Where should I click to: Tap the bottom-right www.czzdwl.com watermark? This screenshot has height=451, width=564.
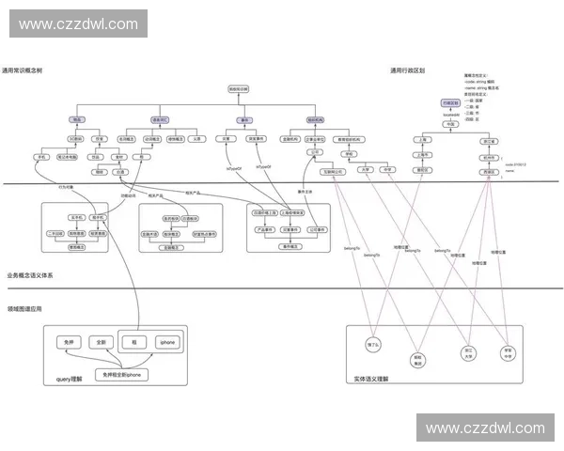pos(484,428)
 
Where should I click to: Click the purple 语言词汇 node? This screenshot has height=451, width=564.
pos(161,120)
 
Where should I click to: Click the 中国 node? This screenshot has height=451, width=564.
pos(452,122)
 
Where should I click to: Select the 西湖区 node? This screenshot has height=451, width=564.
pos(487,172)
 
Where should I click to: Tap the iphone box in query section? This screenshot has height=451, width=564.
pos(167,342)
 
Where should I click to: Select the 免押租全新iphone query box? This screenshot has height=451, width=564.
pos(121,374)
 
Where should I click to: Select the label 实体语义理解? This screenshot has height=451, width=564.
pos(370,379)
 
